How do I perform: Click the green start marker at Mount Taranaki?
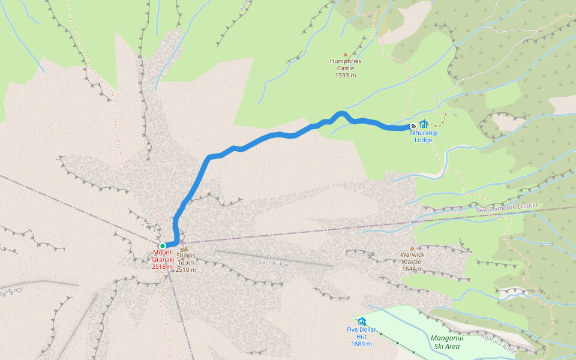point(163,246)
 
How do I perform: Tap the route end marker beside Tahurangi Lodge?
point(413,126)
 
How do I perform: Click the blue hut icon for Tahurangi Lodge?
point(424,124)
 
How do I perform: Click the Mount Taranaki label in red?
point(163,256)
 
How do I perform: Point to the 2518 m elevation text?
point(163,266)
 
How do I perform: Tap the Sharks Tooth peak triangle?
point(186,248)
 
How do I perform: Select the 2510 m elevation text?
point(186,269)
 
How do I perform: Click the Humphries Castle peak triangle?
point(345,54)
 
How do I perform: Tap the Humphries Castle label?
point(346,64)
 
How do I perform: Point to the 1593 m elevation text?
point(346,76)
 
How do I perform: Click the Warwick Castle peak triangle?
point(412,248)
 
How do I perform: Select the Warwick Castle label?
point(413,258)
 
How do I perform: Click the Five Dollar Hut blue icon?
point(361,322)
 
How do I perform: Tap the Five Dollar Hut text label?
point(361,333)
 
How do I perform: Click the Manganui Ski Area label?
point(445,342)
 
